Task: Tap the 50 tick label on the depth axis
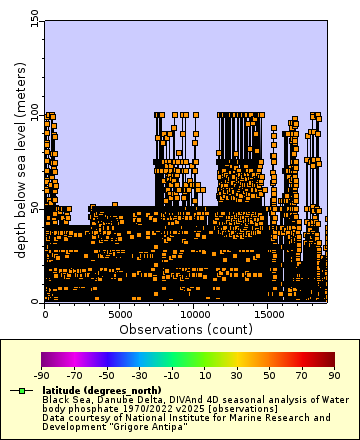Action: point(35,208)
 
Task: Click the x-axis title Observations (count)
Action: point(186,329)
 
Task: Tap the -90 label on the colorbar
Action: point(41,375)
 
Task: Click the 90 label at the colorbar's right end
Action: point(334,375)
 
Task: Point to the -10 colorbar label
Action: point(171,375)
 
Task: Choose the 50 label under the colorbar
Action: point(269,375)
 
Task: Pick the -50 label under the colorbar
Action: point(106,375)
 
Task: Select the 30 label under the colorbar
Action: point(236,375)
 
